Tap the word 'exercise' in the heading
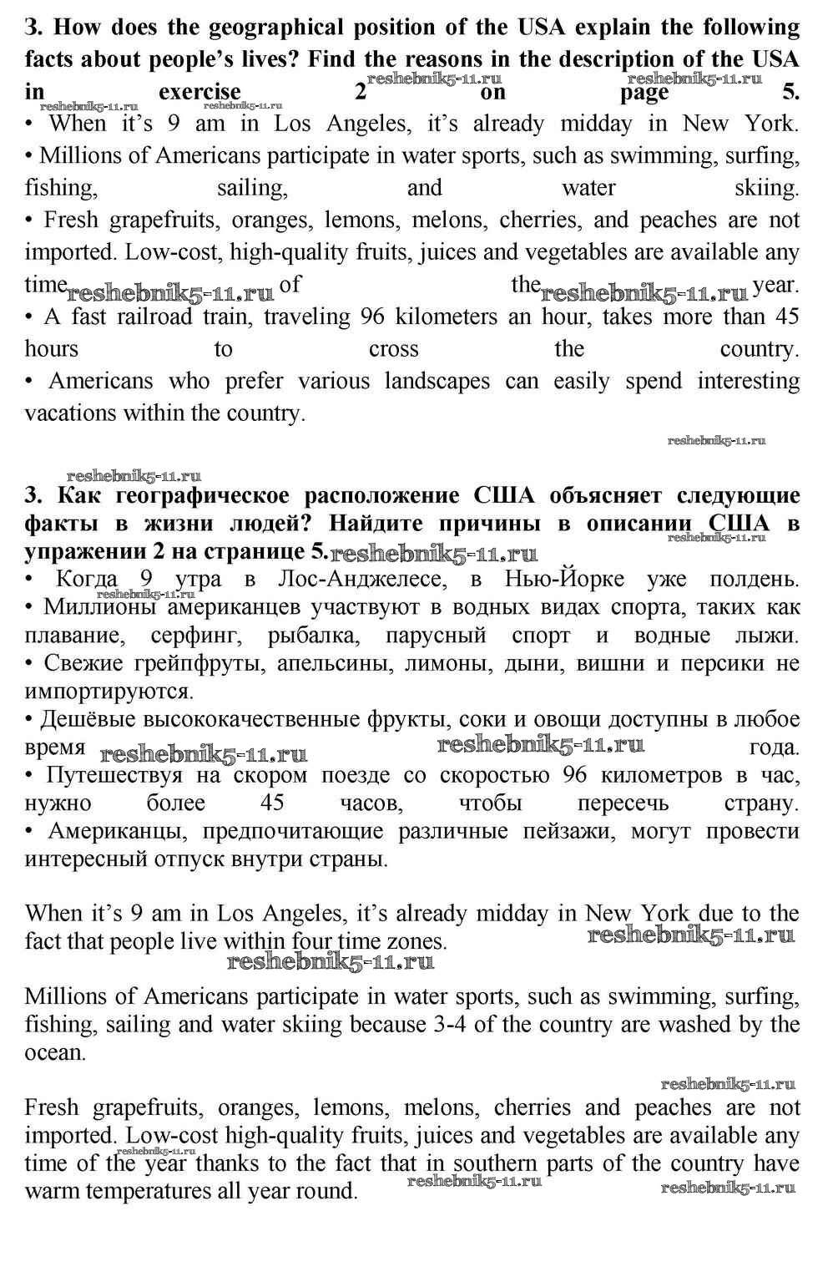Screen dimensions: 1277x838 (x=199, y=92)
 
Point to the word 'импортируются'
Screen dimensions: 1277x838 (x=109, y=692)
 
